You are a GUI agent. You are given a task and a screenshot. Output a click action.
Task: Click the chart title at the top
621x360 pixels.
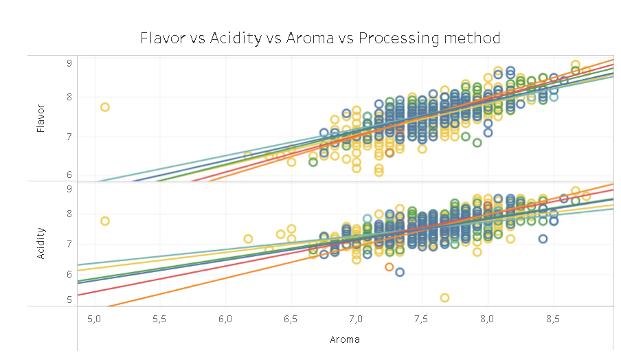[x=320, y=37]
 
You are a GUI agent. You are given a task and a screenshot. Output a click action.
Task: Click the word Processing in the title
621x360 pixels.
[x=416, y=37]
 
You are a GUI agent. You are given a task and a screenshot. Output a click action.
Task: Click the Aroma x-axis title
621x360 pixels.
[x=345, y=339]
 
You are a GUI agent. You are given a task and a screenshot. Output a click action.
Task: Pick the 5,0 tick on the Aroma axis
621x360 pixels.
[x=95, y=319]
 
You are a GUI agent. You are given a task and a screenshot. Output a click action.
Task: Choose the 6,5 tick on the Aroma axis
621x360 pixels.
[x=291, y=319]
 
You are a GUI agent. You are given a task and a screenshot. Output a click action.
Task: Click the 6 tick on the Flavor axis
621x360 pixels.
[x=69, y=175]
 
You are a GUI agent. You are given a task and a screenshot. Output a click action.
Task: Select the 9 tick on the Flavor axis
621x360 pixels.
[x=69, y=63]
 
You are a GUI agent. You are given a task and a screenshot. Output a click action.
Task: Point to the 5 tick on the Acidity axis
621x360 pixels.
[x=69, y=300]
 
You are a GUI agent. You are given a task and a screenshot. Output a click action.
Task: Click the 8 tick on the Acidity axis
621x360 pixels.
[x=69, y=214]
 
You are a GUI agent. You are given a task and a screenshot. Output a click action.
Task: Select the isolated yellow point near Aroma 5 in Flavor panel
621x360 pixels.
[x=105, y=107]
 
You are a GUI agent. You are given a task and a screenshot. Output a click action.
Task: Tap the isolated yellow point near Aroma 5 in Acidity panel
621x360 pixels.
[x=105, y=221]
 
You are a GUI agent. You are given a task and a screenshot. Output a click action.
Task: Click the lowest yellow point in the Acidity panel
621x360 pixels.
[x=445, y=297]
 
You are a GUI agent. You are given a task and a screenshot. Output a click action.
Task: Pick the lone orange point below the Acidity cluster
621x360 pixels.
[x=389, y=267]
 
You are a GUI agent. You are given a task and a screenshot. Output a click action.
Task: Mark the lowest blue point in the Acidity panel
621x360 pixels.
[x=400, y=272]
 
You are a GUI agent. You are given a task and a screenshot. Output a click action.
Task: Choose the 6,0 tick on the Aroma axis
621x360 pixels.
[x=225, y=319]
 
